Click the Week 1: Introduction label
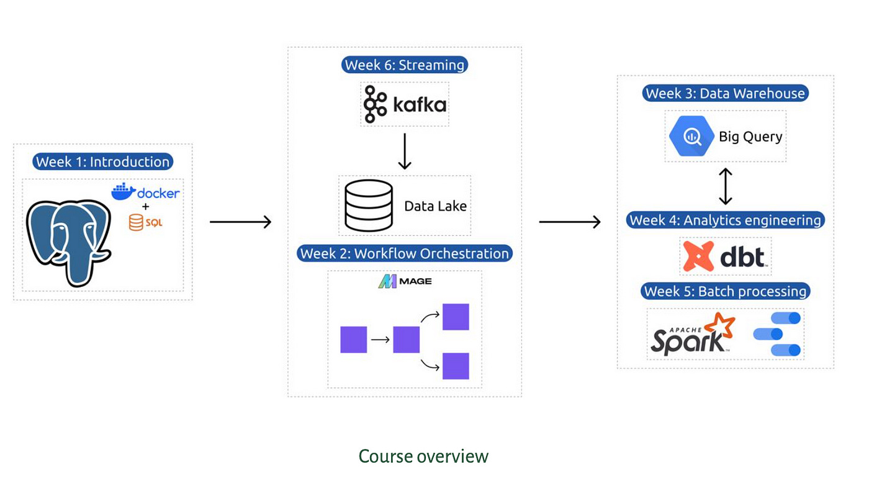point(102,162)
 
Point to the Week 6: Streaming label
point(404,65)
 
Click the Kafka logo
point(405,104)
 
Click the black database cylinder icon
point(369,206)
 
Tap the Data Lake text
point(435,206)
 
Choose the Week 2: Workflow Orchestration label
point(404,253)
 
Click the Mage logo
point(405,281)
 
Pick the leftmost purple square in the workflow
point(354,340)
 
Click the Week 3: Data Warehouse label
point(725,94)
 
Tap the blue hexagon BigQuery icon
point(690,136)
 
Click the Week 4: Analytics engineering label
point(725,220)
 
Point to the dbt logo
point(725,256)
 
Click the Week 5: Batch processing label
point(725,291)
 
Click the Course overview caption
point(423,456)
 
